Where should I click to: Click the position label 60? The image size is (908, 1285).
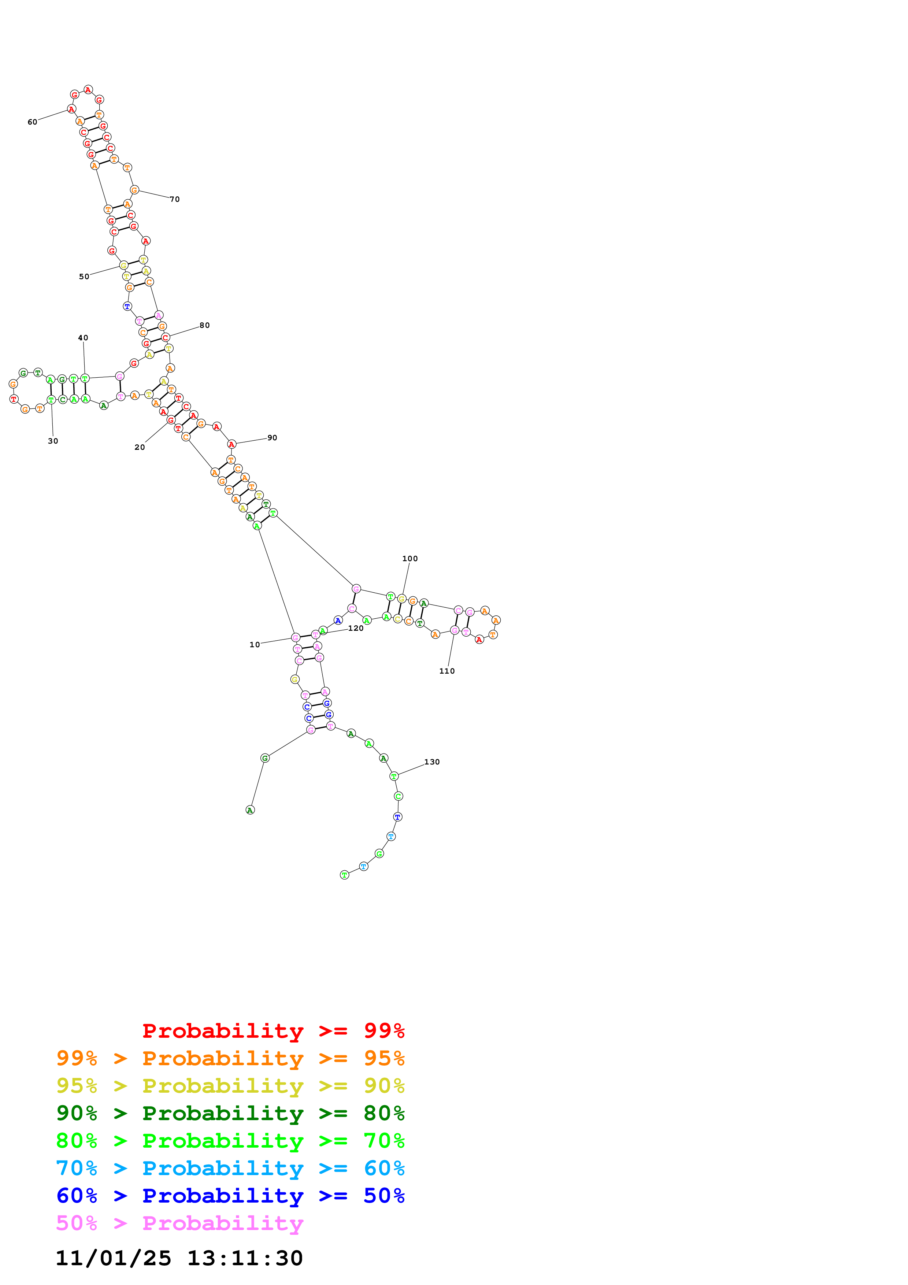click(x=33, y=122)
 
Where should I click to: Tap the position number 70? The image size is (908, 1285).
click(x=175, y=199)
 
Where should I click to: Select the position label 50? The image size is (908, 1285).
click(x=84, y=277)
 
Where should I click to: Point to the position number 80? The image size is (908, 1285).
click(x=204, y=325)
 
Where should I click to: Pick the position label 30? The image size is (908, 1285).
click(x=53, y=441)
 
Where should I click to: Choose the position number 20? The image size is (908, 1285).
click(x=139, y=447)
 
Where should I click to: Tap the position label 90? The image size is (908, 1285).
click(x=272, y=438)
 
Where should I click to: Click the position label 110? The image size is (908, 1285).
click(x=446, y=671)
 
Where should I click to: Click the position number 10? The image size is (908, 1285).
click(x=255, y=645)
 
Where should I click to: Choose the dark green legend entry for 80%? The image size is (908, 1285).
click(x=230, y=1113)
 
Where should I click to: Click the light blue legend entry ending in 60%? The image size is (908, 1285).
click(x=230, y=1168)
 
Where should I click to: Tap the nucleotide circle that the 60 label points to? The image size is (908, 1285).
click(x=71, y=108)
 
